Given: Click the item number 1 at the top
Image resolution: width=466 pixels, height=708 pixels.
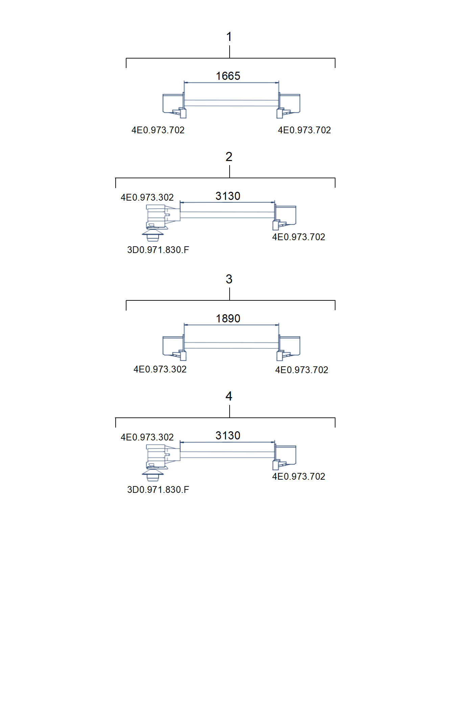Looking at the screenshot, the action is click(229, 37).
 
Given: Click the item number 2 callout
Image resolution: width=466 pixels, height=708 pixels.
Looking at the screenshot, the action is click(229, 157).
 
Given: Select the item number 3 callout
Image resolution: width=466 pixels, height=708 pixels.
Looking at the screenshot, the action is click(229, 279).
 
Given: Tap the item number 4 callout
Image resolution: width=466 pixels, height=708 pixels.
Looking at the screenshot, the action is click(229, 396).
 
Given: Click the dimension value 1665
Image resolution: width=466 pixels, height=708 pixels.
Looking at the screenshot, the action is click(228, 76).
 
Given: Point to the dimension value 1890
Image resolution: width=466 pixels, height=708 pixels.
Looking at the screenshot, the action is click(228, 318).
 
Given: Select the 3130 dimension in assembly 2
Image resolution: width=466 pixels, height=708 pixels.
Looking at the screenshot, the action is click(228, 196).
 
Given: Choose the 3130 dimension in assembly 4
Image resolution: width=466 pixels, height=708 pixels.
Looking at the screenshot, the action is click(228, 435).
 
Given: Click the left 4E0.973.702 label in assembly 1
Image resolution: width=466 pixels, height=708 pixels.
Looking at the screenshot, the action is click(158, 130).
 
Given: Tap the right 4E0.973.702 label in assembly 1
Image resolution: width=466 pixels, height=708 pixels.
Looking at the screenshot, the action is click(304, 130).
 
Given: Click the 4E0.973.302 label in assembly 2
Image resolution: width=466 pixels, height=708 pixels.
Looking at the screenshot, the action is click(147, 197).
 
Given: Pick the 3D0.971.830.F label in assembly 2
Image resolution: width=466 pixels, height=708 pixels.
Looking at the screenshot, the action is click(158, 250).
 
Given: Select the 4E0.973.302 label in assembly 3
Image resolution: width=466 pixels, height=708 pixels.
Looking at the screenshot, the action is click(160, 369).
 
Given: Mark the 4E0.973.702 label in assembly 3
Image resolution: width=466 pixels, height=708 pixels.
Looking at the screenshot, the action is click(302, 370).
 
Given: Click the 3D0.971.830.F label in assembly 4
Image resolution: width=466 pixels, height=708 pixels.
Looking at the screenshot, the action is click(158, 489).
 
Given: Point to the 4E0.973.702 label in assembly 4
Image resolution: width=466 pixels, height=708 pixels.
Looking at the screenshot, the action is click(299, 476).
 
